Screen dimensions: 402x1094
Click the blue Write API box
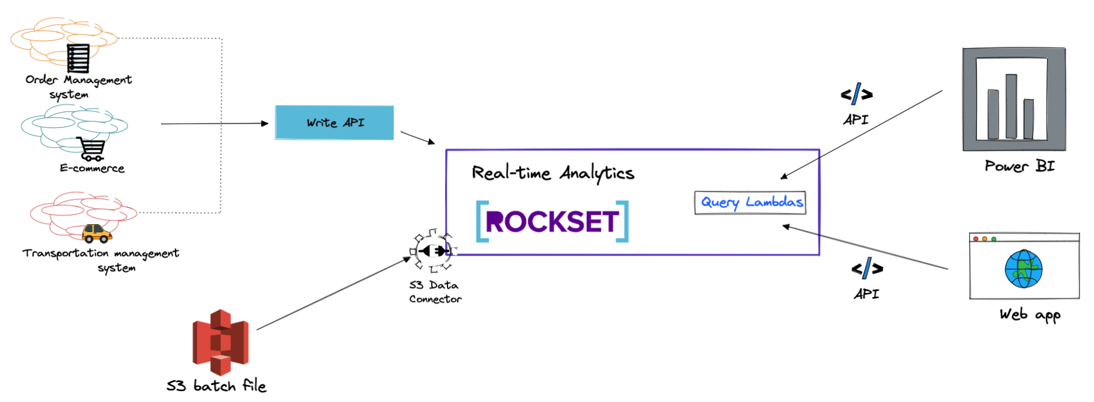(x=334, y=122)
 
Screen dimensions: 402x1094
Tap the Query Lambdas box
(x=750, y=203)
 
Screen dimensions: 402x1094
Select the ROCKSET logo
(x=552, y=221)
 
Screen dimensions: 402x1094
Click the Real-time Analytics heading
(x=552, y=174)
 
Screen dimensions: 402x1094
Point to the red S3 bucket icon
(x=220, y=342)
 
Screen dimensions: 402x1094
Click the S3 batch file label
(x=216, y=386)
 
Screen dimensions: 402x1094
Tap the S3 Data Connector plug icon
(x=433, y=250)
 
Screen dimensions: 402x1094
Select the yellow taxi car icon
(x=96, y=233)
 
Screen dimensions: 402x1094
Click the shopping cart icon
(x=91, y=149)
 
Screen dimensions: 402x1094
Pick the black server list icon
(x=78, y=58)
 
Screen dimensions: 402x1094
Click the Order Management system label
(x=78, y=87)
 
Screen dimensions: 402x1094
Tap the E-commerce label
(x=92, y=169)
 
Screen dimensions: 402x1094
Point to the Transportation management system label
(x=101, y=260)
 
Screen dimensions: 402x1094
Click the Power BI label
(x=1019, y=166)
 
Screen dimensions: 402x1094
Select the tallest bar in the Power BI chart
(x=1011, y=106)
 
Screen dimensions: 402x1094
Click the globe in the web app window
(x=1023, y=269)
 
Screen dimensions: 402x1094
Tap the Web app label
(x=1029, y=315)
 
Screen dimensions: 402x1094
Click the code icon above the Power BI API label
(x=856, y=95)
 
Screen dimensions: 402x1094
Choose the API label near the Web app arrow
(x=867, y=294)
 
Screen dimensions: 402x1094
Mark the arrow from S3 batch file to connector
(x=333, y=294)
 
